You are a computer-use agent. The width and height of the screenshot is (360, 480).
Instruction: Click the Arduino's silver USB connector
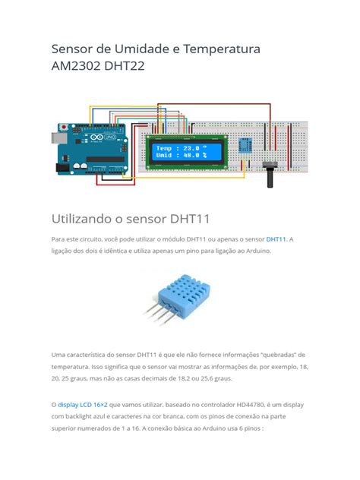pos(57,139)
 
